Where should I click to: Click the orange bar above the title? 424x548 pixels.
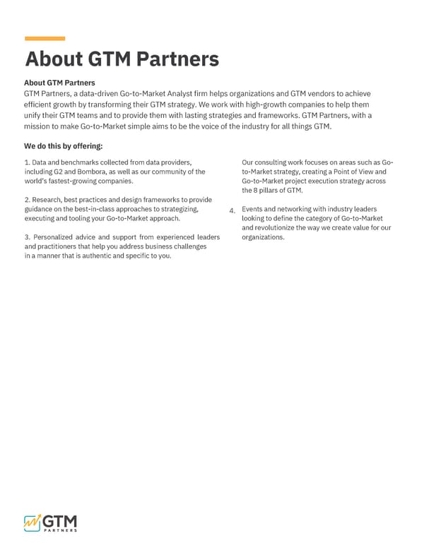[x=45, y=38]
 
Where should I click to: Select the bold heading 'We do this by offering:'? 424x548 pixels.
[x=64, y=146]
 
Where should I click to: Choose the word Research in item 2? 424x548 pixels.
[x=48, y=200]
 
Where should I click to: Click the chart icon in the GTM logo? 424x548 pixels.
[x=33, y=520]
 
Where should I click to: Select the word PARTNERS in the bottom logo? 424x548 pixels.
[x=60, y=529]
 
